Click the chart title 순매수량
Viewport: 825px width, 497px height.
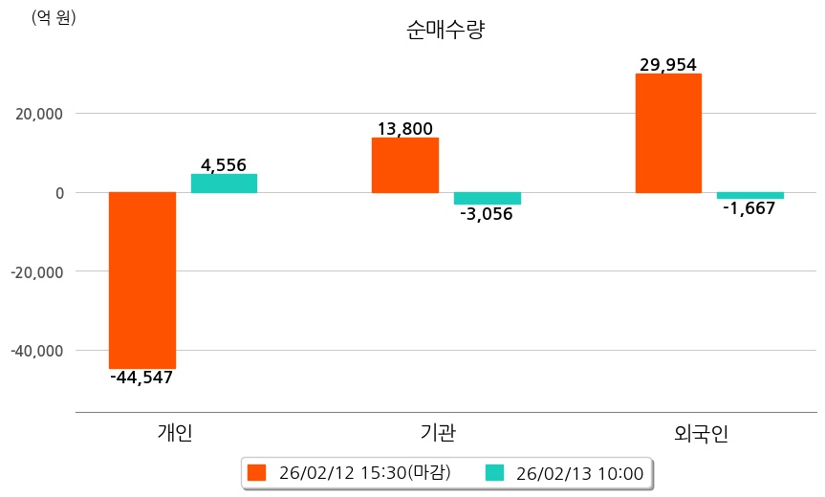[x=445, y=31]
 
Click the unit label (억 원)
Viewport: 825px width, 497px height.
[x=54, y=17]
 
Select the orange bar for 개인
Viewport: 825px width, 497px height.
[x=142, y=280]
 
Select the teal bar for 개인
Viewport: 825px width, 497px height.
[x=224, y=184]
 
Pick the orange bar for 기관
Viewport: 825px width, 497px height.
[x=405, y=165]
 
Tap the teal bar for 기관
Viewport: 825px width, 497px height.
[x=487, y=198]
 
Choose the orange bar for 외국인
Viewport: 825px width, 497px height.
[x=668, y=133]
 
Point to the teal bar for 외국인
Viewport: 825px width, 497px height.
[x=749, y=195]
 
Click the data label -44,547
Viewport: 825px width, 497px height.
[x=141, y=378]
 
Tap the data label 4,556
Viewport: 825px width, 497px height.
[x=224, y=165]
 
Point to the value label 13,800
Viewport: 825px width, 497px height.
[x=405, y=129]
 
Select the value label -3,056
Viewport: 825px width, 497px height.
[x=487, y=214]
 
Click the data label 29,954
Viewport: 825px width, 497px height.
[x=668, y=65]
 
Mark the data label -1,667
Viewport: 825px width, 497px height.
[x=749, y=208]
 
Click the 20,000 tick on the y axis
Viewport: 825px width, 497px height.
[x=35, y=114]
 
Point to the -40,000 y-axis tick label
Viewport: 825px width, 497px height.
[x=35, y=351]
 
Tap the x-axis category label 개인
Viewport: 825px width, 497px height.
[x=175, y=432]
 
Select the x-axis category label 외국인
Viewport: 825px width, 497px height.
[x=702, y=432]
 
